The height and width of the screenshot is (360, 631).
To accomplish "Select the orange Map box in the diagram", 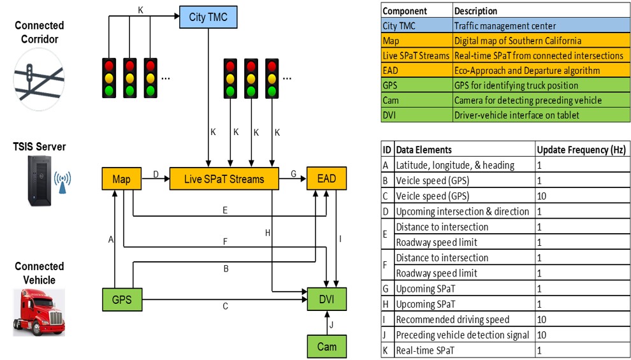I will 121,179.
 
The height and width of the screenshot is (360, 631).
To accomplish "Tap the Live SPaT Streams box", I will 224,179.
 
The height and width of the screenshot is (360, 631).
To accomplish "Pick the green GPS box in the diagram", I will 121,298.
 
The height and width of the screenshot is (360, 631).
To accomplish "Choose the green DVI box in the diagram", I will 327,298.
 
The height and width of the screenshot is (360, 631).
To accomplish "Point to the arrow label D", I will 156,173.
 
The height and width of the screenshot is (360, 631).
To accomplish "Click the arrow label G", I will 293,173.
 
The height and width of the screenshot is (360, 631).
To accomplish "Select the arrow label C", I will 225,306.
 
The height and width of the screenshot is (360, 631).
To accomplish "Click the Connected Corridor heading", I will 40,32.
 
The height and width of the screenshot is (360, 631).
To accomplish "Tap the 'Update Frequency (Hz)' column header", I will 581,150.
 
